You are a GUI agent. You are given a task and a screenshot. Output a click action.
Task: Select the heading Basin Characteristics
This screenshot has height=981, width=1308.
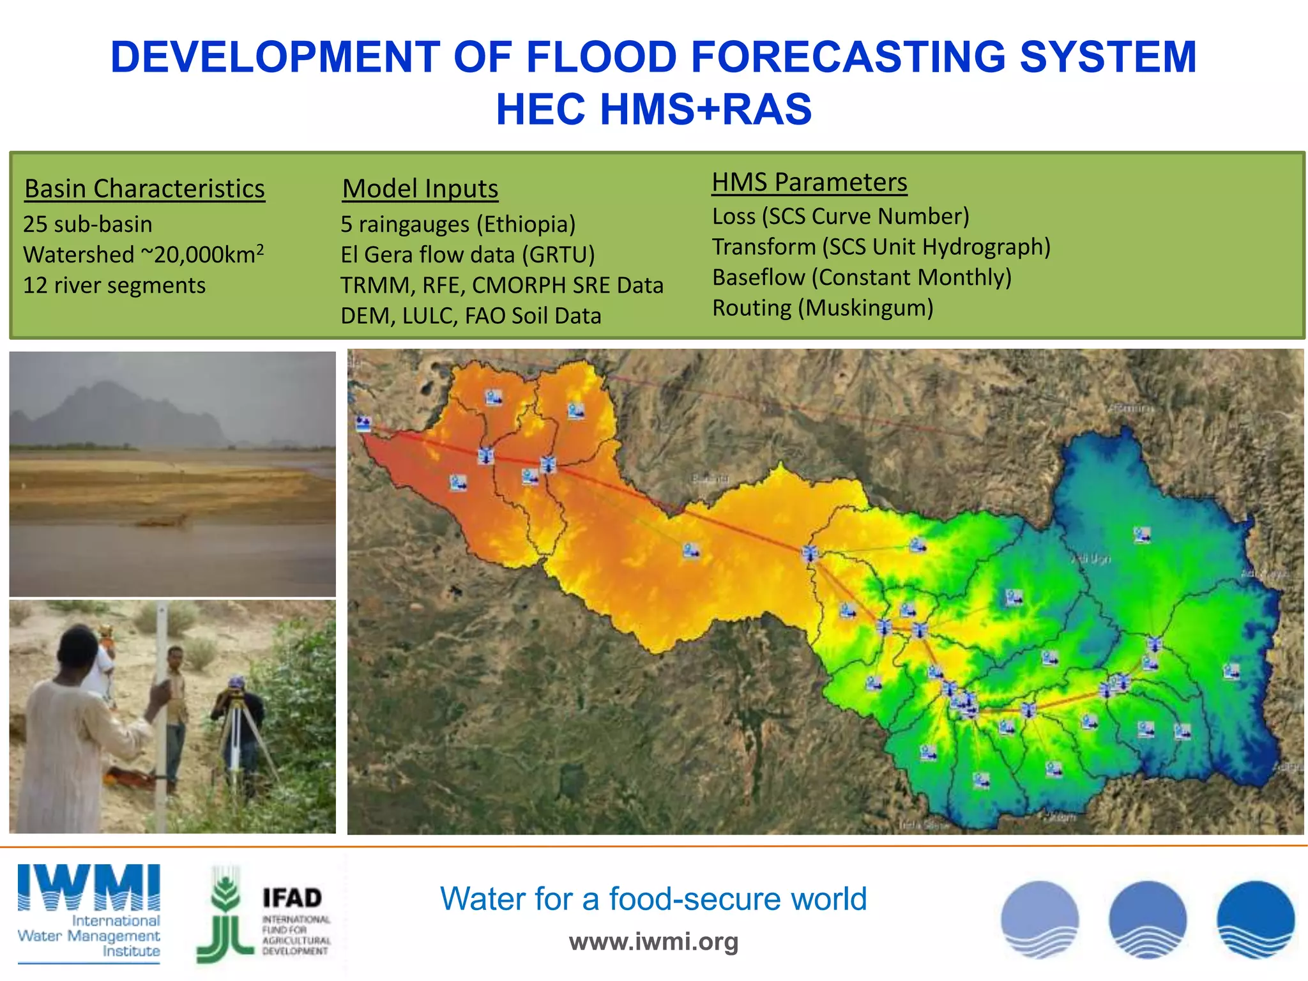(144, 189)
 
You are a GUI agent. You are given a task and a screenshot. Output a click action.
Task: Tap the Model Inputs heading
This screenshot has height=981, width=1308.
(420, 189)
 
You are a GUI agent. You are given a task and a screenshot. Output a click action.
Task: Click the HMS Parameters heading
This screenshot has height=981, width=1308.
(809, 183)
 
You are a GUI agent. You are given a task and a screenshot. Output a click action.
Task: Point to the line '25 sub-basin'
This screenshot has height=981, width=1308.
(87, 224)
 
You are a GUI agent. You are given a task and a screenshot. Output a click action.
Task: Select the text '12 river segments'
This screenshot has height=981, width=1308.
(114, 285)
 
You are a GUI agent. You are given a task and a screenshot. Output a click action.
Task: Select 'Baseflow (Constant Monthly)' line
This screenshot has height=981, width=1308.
(862, 277)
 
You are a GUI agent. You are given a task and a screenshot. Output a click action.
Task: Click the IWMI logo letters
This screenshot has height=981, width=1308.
(89, 887)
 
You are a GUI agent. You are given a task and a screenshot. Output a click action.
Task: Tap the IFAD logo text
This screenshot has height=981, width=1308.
(292, 898)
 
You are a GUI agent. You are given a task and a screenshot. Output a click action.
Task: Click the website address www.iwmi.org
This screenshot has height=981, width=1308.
(653, 941)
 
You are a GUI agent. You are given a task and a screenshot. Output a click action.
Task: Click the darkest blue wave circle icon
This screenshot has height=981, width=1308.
(1255, 920)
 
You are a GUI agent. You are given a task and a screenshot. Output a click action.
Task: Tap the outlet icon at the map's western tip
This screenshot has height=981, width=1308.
(363, 423)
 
